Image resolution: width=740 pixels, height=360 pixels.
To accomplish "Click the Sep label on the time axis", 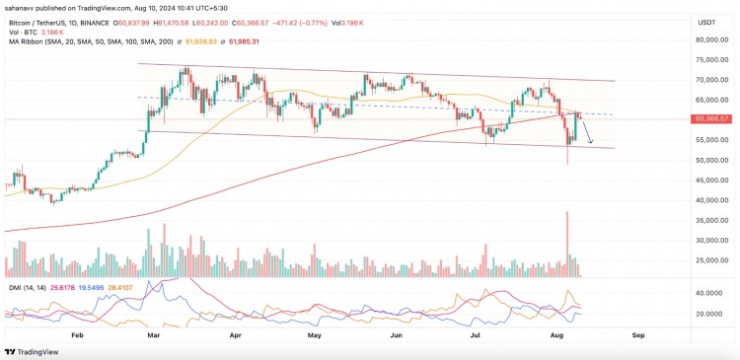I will [x=638, y=334].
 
